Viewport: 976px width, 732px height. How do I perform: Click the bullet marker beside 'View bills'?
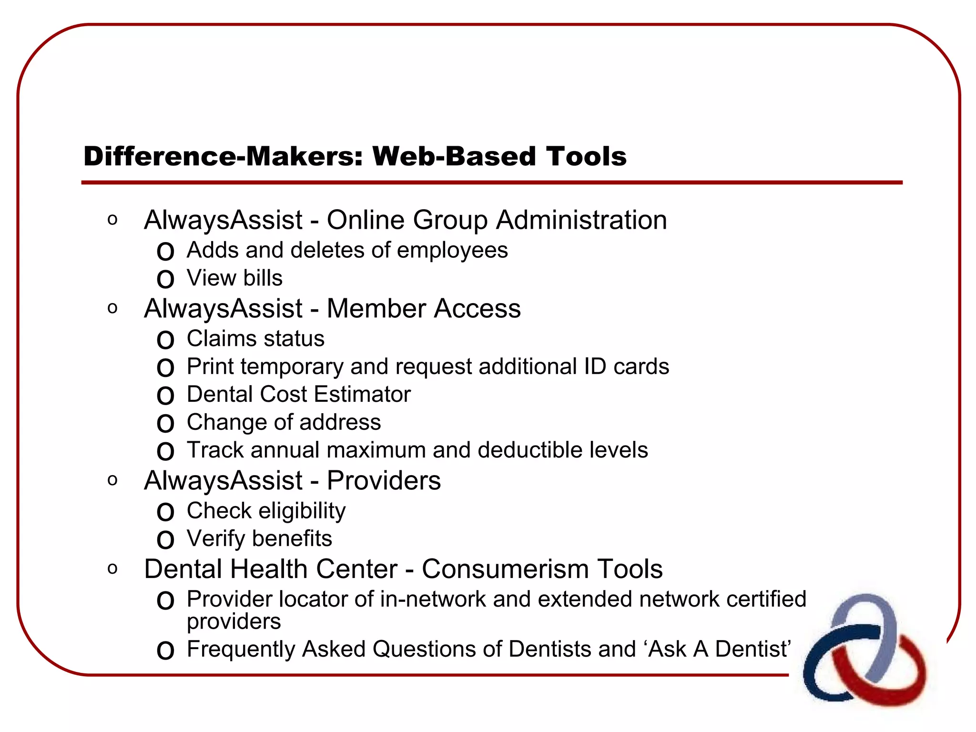[x=165, y=279]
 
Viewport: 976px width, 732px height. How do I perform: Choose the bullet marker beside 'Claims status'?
[x=165, y=340]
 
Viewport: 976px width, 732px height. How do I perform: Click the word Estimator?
[x=362, y=395]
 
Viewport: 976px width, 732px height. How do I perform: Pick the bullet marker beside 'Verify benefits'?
[x=165, y=540]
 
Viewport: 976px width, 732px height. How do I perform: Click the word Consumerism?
[x=505, y=569]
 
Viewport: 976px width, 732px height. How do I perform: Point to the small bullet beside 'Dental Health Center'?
[x=112, y=568]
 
